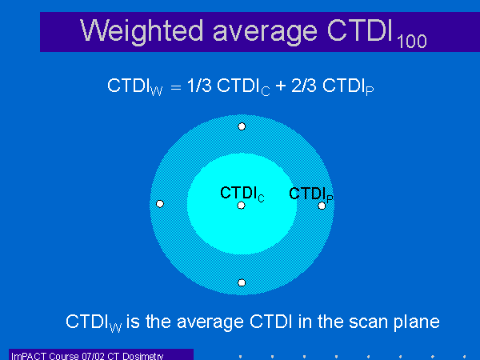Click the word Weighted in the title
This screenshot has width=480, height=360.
(x=142, y=31)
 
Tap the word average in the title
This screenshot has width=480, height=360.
(x=265, y=33)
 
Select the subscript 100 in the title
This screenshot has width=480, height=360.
(x=412, y=42)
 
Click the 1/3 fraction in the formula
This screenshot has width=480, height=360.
(x=199, y=85)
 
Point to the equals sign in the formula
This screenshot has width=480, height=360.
(x=176, y=87)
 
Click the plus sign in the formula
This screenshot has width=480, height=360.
(x=281, y=86)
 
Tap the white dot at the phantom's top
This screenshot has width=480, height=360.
(x=242, y=126)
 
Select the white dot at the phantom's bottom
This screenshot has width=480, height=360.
(x=242, y=282)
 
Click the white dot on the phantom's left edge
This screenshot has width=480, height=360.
(x=160, y=203)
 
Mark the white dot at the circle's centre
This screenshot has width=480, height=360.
(x=242, y=205)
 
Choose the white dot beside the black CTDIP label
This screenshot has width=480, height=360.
(x=322, y=206)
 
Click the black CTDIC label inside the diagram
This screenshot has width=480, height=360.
(x=242, y=194)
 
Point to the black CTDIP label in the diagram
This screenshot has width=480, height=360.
(x=311, y=194)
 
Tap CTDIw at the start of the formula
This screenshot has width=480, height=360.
(x=135, y=86)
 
